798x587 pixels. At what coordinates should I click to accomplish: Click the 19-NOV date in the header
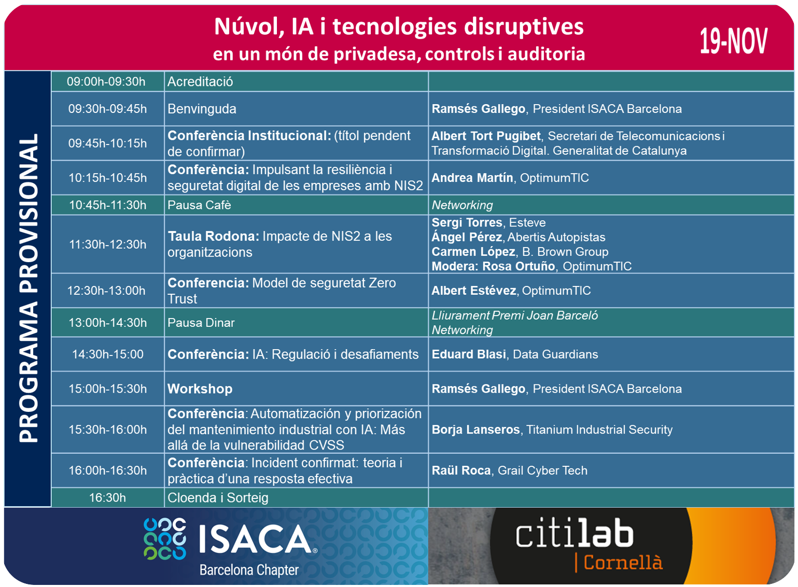pyautogui.click(x=733, y=41)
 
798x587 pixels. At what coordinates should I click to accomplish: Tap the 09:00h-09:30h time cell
pyautogui.click(x=107, y=81)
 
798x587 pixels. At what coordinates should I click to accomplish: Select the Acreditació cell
pyautogui.click(x=296, y=81)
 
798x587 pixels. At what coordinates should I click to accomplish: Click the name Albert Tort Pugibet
pyautogui.click(x=486, y=136)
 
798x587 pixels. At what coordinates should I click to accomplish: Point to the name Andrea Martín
pyautogui.click(x=472, y=177)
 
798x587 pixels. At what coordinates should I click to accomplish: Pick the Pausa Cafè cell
pyautogui.click(x=296, y=205)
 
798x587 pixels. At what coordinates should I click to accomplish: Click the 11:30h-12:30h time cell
pyautogui.click(x=107, y=244)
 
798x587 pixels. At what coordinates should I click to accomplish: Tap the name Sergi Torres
pyautogui.click(x=467, y=222)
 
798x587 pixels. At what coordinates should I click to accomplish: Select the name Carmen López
pyautogui.click(x=473, y=252)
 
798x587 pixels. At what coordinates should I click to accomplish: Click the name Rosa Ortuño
pyautogui.click(x=519, y=266)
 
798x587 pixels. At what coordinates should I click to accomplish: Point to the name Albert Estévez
pyautogui.click(x=474, y=291)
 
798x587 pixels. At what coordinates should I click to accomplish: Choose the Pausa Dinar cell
pyautogui.click(x=296, y=322)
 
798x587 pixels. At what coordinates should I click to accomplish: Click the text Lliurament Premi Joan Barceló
pyautogui.click(x=515, y=316)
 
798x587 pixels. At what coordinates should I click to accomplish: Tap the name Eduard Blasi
pyautogui.click(x=469, y=354)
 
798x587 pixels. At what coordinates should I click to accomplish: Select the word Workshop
pyautogui.click(x=200, y=389)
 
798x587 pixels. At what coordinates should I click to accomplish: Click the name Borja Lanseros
pyautogui.click(x=475, y=429)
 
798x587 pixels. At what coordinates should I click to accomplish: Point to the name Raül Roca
pyautogui.click(x=461, y=470)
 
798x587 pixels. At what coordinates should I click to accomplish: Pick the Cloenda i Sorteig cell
pyautogui.click(x=296, y=498)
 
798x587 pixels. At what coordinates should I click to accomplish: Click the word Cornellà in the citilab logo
pyautogui.click(x=623, y=563)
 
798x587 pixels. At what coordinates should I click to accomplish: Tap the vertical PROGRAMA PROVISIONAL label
pyautogui.click(x=29, y=288)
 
